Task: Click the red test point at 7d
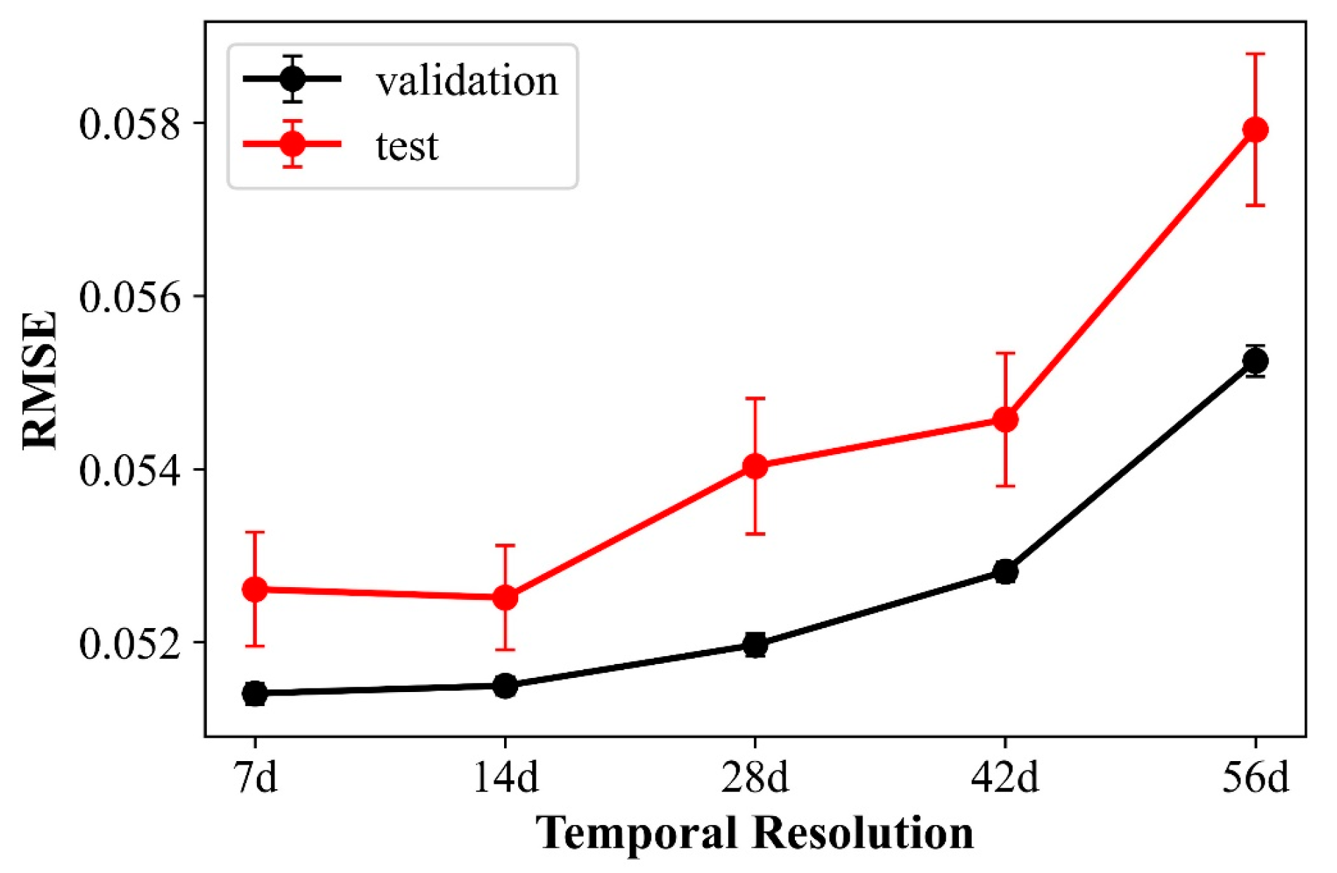(x=255, y=589)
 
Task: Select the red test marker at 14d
(x=505, y=598)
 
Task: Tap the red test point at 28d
(x=755, y=466)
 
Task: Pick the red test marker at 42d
(x=1005, y=420)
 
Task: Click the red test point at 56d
(x=1255, y=130)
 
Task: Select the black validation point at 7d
(x=255, y=693)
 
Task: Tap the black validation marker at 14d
(x=505, y=685)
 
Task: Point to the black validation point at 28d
(x=755, y=644)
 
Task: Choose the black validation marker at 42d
(x=1005, y=571)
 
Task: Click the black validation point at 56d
(x=1255, y=361)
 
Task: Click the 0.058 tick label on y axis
(x=130, y=124)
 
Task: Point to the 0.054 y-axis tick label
(x=130, y=470)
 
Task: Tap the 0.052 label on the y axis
(x=130, y=643)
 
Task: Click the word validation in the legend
(x=466, y=82)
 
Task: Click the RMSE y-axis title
(x=39, y=380)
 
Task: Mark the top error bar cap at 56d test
(x=1255, y=54)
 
